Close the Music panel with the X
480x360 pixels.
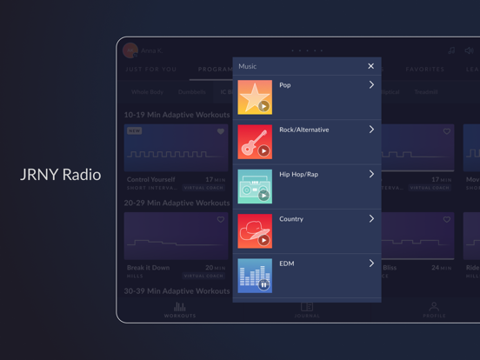pos(370,66)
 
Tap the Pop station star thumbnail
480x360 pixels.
pos(255,97)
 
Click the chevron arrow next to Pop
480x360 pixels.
pos(371,85)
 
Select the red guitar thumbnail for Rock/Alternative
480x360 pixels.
pos(255,142)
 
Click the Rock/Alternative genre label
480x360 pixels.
pos(303,130)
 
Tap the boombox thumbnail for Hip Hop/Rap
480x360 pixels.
pos(255,186)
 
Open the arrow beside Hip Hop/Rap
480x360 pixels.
pos(371,174)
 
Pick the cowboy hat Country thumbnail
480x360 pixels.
pos(255,231)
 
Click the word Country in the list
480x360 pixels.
pos(291,219)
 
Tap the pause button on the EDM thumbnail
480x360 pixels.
pos(263,284)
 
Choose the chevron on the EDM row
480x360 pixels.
pos(371,263)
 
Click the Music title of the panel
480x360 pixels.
pos(248,66)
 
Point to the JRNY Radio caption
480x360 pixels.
pos(60,175)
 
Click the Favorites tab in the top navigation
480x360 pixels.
pos(425,69)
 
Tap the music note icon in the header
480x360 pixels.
pos(450,51)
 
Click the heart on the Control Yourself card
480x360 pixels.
pos(220,131)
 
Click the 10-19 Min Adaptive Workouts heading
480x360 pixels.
pos(177,114)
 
